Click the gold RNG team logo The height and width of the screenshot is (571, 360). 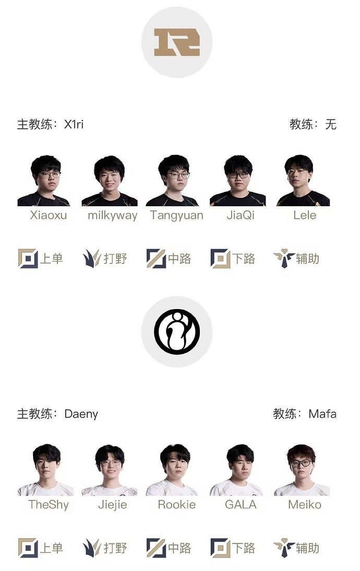coord(177,42)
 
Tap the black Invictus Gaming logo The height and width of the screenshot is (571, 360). coord(177,331)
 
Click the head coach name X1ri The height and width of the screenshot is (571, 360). coord(74,124)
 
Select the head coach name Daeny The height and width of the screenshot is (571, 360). coord(81,414)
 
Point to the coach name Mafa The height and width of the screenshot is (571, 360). coord(322,414)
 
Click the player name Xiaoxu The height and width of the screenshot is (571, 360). coord(49,215)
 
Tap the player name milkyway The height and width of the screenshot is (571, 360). coord(113,216)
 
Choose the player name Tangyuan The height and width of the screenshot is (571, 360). coord(176,216)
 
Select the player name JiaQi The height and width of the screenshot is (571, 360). coord(241,215)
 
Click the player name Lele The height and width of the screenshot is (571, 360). coord(305,215)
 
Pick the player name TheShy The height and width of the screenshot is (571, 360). coord(49,505)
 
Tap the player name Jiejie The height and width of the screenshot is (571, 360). coord(113,505)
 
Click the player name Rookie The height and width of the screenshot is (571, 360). coord(176,504)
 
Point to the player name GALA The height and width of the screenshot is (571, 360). coord(241,504)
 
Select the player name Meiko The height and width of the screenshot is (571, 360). coord(305,504)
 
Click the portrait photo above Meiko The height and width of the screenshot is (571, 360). coord(302,470)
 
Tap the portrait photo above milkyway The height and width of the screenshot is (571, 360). coord(110,181)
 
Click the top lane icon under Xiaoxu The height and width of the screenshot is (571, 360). coord(28,258)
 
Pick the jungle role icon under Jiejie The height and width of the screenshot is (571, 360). coord(92,548)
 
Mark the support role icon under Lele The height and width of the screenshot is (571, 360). coord(284,258)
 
